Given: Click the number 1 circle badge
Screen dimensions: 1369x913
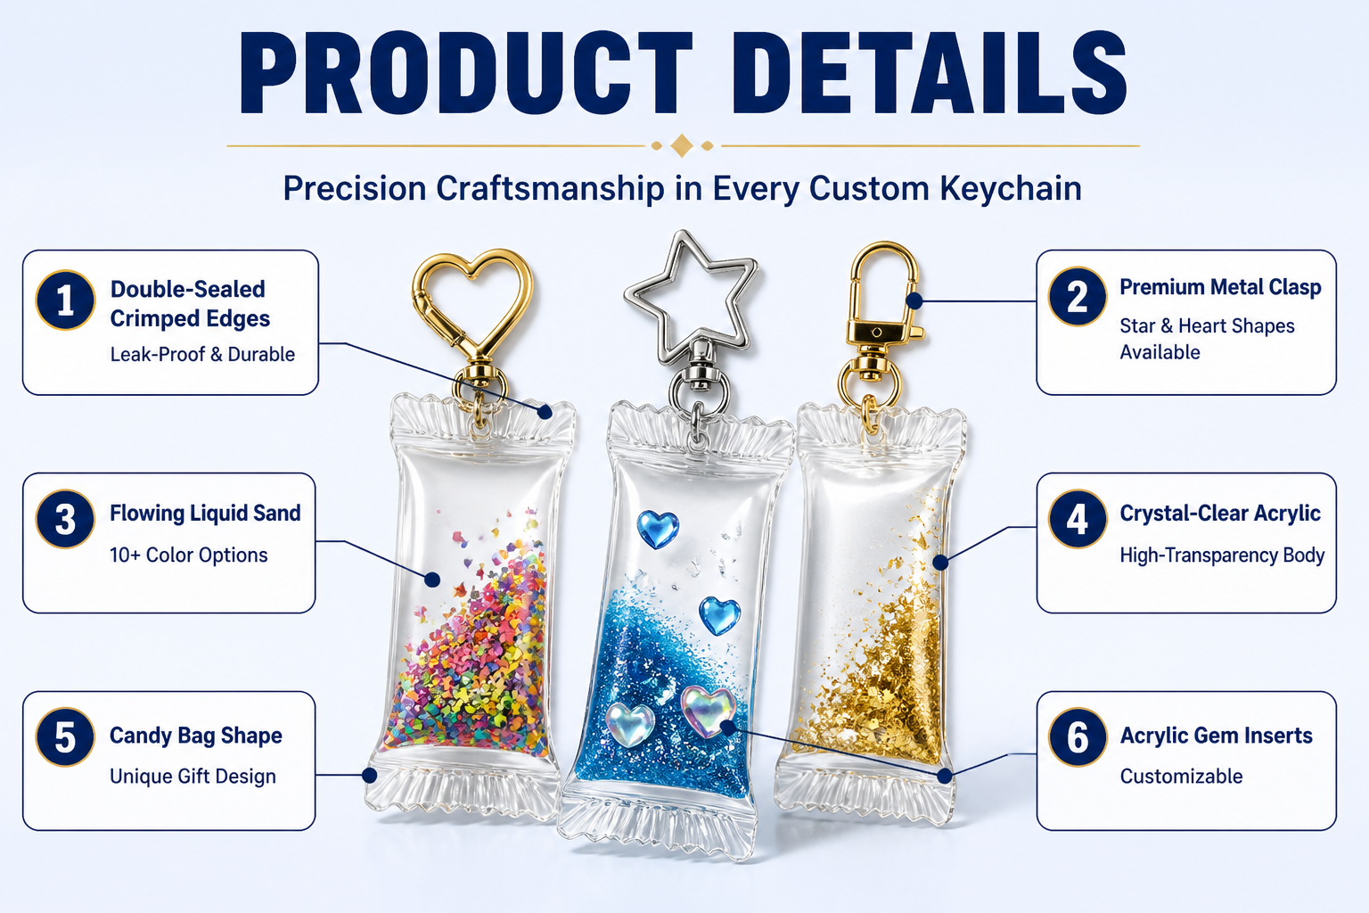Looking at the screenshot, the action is click(65, 300).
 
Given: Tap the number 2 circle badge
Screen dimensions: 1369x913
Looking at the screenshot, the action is click(1078, 297).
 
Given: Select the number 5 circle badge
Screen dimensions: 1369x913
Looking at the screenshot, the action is click(65, 736).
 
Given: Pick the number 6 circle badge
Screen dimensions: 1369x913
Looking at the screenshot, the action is click(1078, 736).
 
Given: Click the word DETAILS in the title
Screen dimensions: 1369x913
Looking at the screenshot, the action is click(937, 73).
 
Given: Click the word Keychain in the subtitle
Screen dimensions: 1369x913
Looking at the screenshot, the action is click(1011, 188).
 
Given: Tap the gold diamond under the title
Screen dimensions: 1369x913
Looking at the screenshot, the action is click(682, 146).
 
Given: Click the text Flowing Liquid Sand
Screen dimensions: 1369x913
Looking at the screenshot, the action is click(205, 513).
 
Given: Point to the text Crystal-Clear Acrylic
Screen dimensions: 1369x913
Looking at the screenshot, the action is click(1220, 513).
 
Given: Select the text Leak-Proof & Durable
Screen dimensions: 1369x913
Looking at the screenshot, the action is click(202, 355).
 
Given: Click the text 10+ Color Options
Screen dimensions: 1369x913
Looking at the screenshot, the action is click(188, 555).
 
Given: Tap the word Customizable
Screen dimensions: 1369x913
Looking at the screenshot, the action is click(1181, 777).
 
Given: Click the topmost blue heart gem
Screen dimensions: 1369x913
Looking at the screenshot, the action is click(658, 529).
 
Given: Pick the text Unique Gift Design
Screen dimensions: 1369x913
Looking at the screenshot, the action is click(193, 777).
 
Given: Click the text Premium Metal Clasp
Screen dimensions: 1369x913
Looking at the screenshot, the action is click(1220, 287).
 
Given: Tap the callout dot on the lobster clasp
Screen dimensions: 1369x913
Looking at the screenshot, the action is click(914, 300).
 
